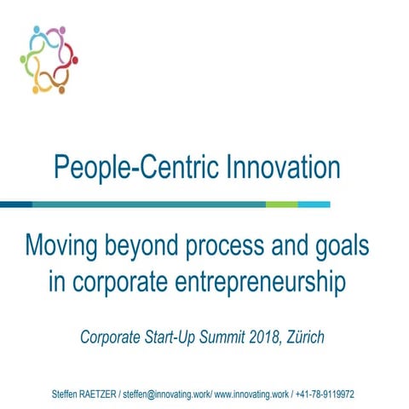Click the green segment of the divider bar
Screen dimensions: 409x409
pos(281,204)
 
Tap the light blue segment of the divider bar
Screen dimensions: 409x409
pos(314,204)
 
